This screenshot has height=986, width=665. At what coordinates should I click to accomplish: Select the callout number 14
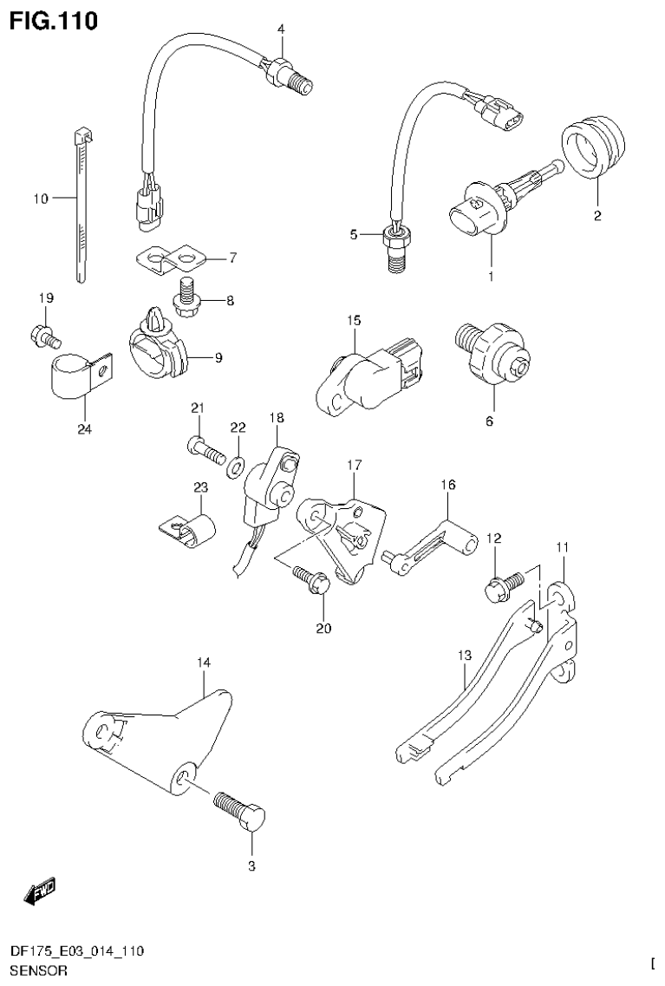[203, 663]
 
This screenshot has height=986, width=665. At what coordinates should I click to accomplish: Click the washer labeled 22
[234, 469]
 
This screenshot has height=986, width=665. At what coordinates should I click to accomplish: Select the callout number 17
[354, 466]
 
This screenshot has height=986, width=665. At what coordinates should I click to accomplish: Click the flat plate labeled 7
[172, 258]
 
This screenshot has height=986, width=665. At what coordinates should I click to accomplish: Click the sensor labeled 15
[364, 375]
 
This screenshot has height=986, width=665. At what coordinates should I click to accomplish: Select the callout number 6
[489, 421]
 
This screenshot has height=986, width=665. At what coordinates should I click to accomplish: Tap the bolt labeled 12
[504, 584]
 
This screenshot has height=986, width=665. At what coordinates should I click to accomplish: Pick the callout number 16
[447, 486]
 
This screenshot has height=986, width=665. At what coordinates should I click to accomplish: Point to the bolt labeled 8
[186, 295]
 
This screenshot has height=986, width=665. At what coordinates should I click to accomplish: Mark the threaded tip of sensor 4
[303, 85]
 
